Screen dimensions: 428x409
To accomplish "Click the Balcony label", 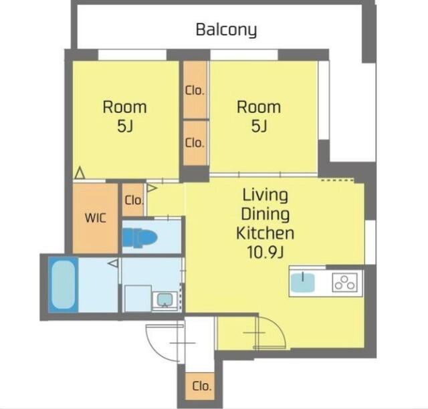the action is click(x=226, y=30).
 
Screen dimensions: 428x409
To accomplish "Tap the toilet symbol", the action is click(x=140, y=238).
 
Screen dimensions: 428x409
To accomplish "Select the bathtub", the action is click(x=63, y=284).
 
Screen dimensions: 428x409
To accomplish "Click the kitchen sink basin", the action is click(x=303, y=283).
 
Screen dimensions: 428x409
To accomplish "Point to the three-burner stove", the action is click(x=345, y=283).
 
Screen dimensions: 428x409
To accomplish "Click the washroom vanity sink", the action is click(x=165, y=301).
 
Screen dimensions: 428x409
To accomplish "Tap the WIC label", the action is click(x=95, y=218).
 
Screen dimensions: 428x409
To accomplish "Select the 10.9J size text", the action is click(x=265, y=252).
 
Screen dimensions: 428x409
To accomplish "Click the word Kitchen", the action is click(x=265, y=233).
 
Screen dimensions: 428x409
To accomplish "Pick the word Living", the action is click(x=265, y=196).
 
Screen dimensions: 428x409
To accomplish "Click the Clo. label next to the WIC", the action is click(x=134, y=200).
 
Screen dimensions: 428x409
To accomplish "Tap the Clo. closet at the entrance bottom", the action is click(x=202, y=386).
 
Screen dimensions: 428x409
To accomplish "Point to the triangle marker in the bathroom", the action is click(x=113, y=263).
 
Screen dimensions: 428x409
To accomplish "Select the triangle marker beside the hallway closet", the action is click(x=152, y=188).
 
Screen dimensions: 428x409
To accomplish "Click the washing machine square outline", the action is click(x=138, y=299).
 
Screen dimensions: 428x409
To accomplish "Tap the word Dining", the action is click(x=265, y=215).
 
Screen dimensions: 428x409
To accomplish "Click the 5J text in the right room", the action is click(x=259, y=126).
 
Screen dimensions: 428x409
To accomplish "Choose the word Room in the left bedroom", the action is click(x=125, y=107).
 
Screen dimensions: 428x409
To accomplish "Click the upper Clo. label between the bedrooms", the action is click(x=195, y=91).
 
